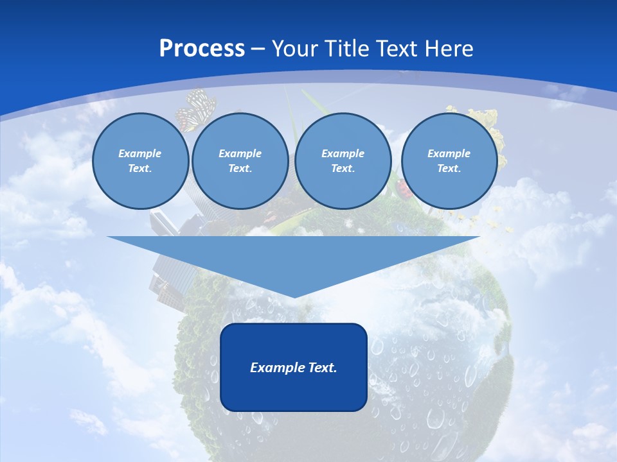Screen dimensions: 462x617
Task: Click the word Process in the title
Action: point(202,49)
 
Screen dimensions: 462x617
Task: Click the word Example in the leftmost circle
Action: point(140,153)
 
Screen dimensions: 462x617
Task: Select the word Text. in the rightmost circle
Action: point(449,168)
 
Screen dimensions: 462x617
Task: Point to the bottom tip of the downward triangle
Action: point(294,296)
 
